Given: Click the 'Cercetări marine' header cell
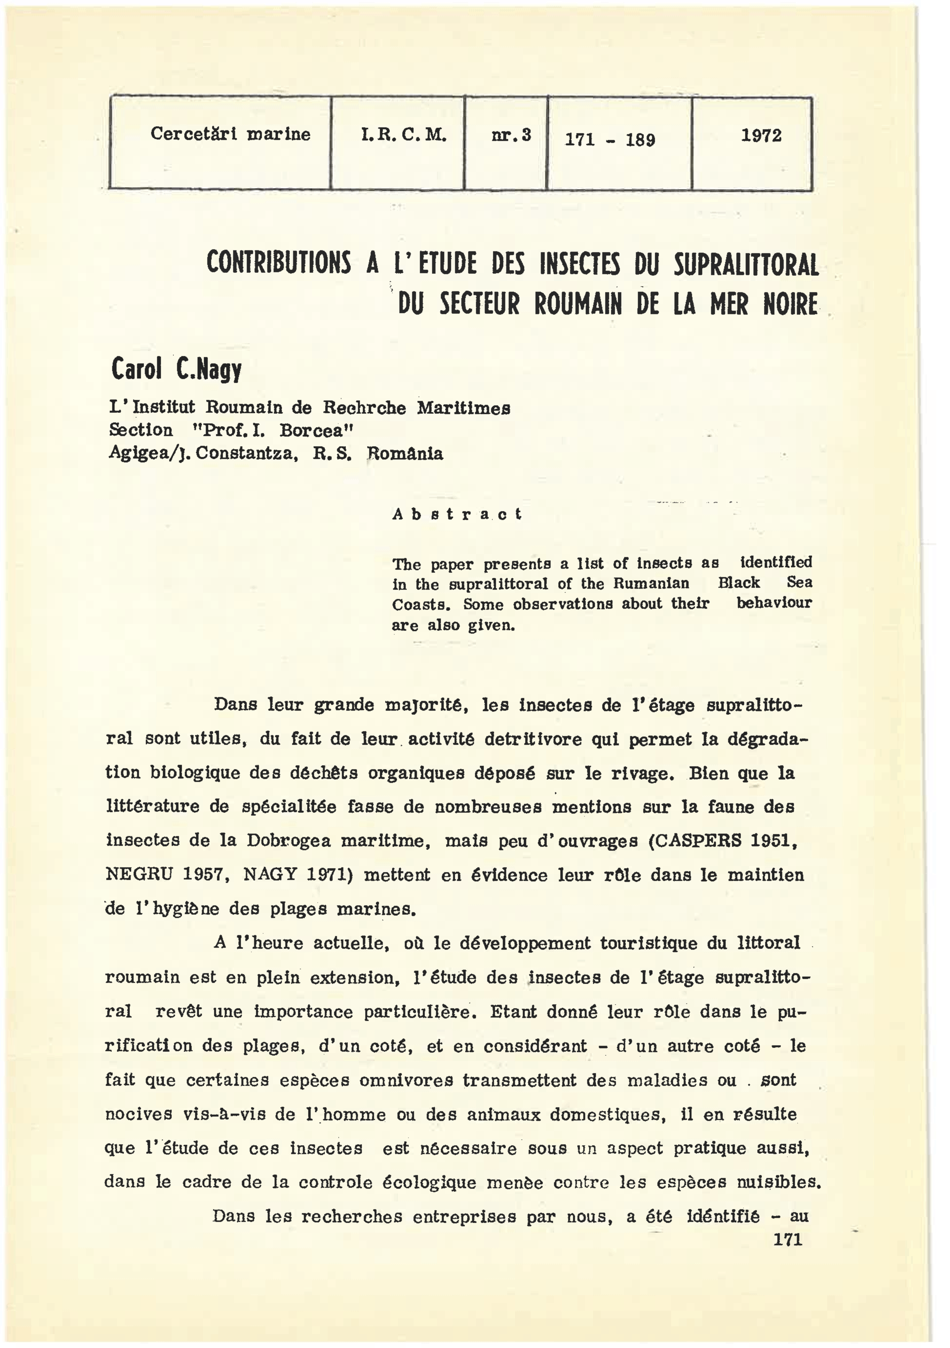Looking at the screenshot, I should coord(230,134).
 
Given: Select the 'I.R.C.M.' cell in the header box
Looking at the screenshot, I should coord(404,136).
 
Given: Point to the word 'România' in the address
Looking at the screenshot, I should coord(405,454).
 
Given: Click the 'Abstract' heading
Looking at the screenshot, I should coord(457,514).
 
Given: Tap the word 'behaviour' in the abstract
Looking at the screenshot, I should coord(774,603).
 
